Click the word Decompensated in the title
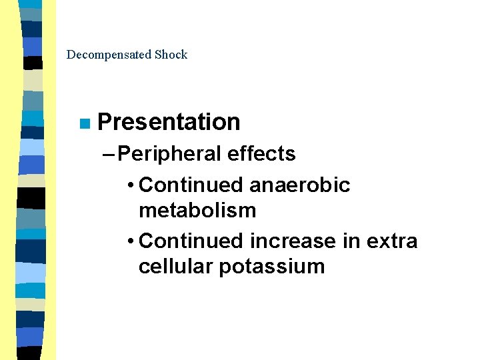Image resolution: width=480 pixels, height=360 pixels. [x=109, y=55]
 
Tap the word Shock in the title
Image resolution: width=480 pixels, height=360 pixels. [x=171, y=55]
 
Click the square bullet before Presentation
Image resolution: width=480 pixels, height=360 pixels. [x=83, y=123]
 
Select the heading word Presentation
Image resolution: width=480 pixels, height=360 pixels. [x=169, y=122]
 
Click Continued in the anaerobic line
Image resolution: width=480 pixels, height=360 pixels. [x=191, y=185]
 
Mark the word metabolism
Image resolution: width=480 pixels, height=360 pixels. [x=197, y=211]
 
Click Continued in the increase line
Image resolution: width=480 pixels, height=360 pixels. [x=191, y=240]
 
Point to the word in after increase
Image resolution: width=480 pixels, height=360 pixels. [x=350, y=240]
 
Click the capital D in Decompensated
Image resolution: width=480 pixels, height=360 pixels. [x=71, y=55]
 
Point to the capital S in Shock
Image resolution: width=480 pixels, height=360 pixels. [x=157, y=55]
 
